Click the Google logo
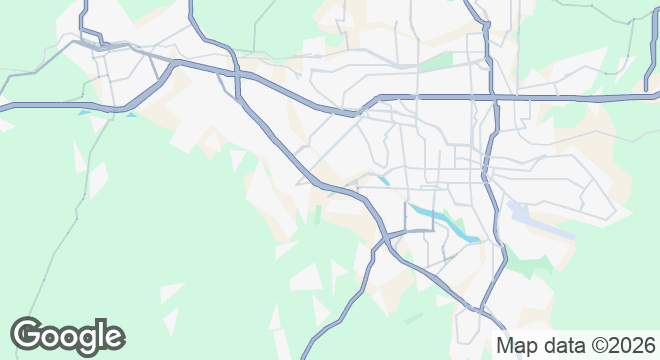pos(68,335)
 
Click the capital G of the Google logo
pos(29,335)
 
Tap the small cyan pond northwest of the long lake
pos(383,180)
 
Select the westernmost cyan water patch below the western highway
pos(83,113)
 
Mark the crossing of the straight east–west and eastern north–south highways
pos(492,98)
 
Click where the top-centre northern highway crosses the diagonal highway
pos(238,73)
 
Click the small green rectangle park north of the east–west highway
pos(434,61)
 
